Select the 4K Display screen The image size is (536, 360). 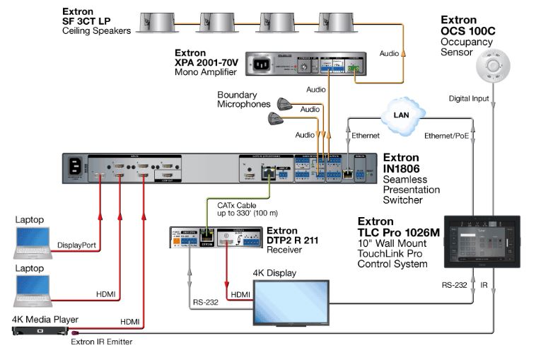click(x=291, y=303)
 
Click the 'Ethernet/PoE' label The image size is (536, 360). click(x=447, y=134)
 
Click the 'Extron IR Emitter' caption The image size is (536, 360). click(x=101, y=342)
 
